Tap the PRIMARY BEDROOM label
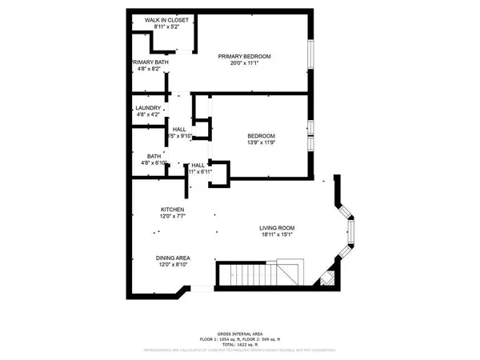[x=245, y=56]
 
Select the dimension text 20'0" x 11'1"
[x=245, y=64]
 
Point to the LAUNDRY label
[x=148, y=108]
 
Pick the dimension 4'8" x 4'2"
[x=148, y=116]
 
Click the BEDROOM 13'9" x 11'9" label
[x=261, y=136]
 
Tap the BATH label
[x=154, y=156]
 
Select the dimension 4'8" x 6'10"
[x=154, y=164]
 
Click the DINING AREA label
[x=174, y=258]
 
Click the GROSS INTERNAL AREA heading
[x=241, y=334]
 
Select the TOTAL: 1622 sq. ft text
[x=241, y=345]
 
